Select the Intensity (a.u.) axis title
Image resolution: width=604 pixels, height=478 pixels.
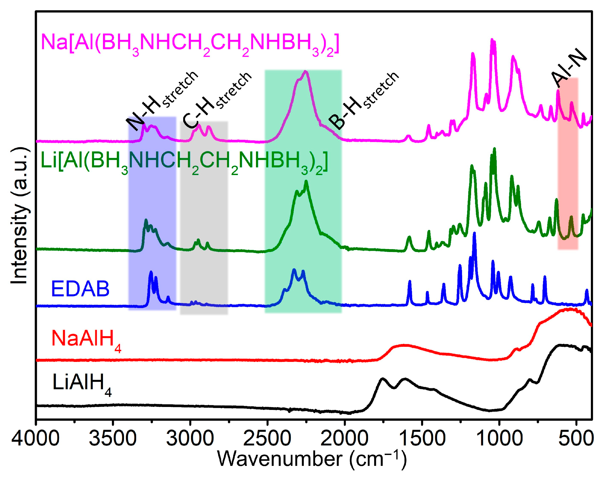20,216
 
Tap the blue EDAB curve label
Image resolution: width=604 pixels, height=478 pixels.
80,289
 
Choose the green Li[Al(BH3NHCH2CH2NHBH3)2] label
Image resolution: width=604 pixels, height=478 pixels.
184,162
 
